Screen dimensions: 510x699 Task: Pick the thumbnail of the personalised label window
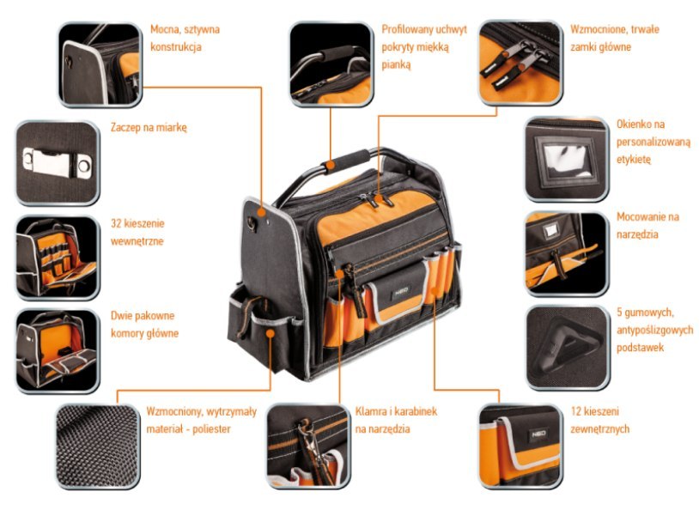566,159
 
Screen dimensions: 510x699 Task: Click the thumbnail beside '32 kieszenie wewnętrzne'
57,257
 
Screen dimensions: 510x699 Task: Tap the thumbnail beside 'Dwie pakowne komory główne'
57,349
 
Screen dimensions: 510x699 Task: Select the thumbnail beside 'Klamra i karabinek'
307,446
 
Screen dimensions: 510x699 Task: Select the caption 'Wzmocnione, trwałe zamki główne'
614,38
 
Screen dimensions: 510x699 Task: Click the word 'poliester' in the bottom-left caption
210,428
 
